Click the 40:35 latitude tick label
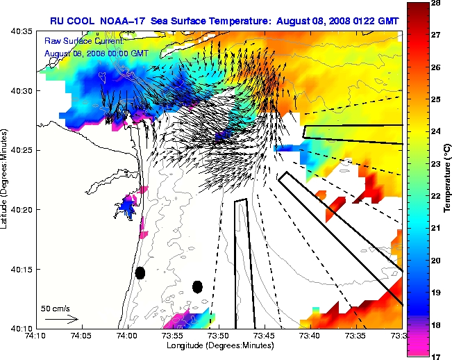click(x=22, y=32)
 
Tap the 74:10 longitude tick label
click(x=36, y=336)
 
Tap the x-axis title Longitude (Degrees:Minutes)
click(x=219, y=345)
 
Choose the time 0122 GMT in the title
click(x=370, y=21)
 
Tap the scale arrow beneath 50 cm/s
click(x=61, y=319)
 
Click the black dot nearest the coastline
click(x=140, y=272)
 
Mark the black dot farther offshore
click(x=197, y=286)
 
